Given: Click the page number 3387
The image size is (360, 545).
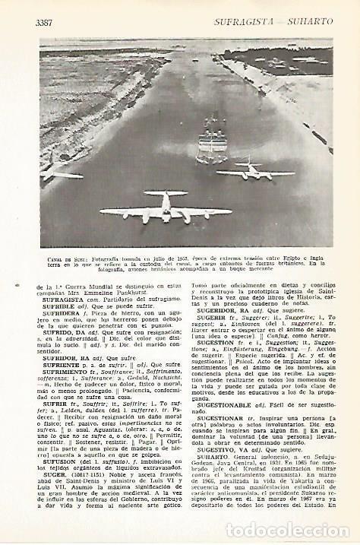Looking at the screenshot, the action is coord(45,23).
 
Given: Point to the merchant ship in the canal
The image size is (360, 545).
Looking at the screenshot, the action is coord(211,144).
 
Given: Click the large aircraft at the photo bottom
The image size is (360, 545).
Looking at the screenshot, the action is coord(166,208).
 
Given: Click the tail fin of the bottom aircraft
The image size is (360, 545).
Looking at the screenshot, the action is coord(166,196).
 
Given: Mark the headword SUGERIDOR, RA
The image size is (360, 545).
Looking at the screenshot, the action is coord(225,311).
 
